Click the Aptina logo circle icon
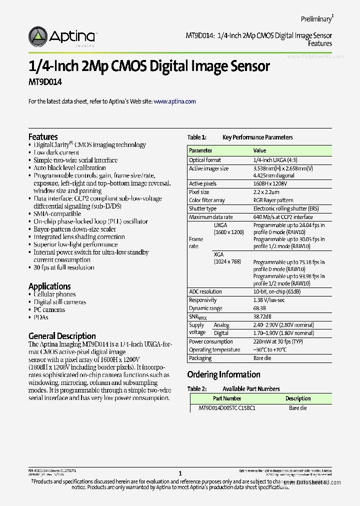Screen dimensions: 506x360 [x=38, y=36]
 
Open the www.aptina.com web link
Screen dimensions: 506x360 [x=174, y=101]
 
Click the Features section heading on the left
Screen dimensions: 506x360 [x=43, y=136]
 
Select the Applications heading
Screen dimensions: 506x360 [x=49, y=286]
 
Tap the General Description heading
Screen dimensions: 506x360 [x=62, y=336]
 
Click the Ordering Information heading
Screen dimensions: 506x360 [x=223, y=374]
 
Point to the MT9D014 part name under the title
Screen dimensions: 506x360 [x=45, y=81]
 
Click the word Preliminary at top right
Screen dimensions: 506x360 [x=316, y=19]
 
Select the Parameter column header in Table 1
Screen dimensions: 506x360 [x=200, y=150]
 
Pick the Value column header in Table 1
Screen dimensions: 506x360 [x=259, y=150]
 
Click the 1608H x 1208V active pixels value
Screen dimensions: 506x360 [x=273, y=184]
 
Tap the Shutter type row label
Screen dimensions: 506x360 [x=202, y=208]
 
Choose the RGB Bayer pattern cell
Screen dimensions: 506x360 [x=273, y=200]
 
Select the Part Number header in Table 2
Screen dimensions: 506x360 [x=227, y=398]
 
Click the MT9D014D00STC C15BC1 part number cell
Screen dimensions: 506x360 [x=227, y=408]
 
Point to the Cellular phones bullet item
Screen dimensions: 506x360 [x=54, y=294]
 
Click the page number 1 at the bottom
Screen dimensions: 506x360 [x=180, y=473]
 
